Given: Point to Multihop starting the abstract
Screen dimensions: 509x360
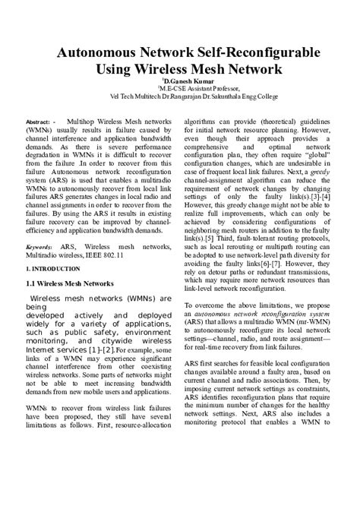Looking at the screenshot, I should pyautogui.click(x=84, y=122).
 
